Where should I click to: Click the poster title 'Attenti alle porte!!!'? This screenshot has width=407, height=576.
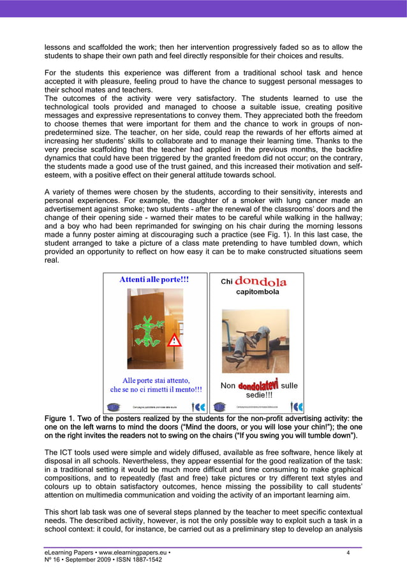pos(155,279)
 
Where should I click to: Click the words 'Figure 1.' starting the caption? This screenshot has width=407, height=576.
pos(63,418)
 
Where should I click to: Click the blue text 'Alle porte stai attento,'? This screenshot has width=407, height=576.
pos(156,381)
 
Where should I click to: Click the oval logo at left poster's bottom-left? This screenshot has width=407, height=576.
pos(113,406)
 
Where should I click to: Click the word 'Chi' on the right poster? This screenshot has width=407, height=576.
pos(227,282)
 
